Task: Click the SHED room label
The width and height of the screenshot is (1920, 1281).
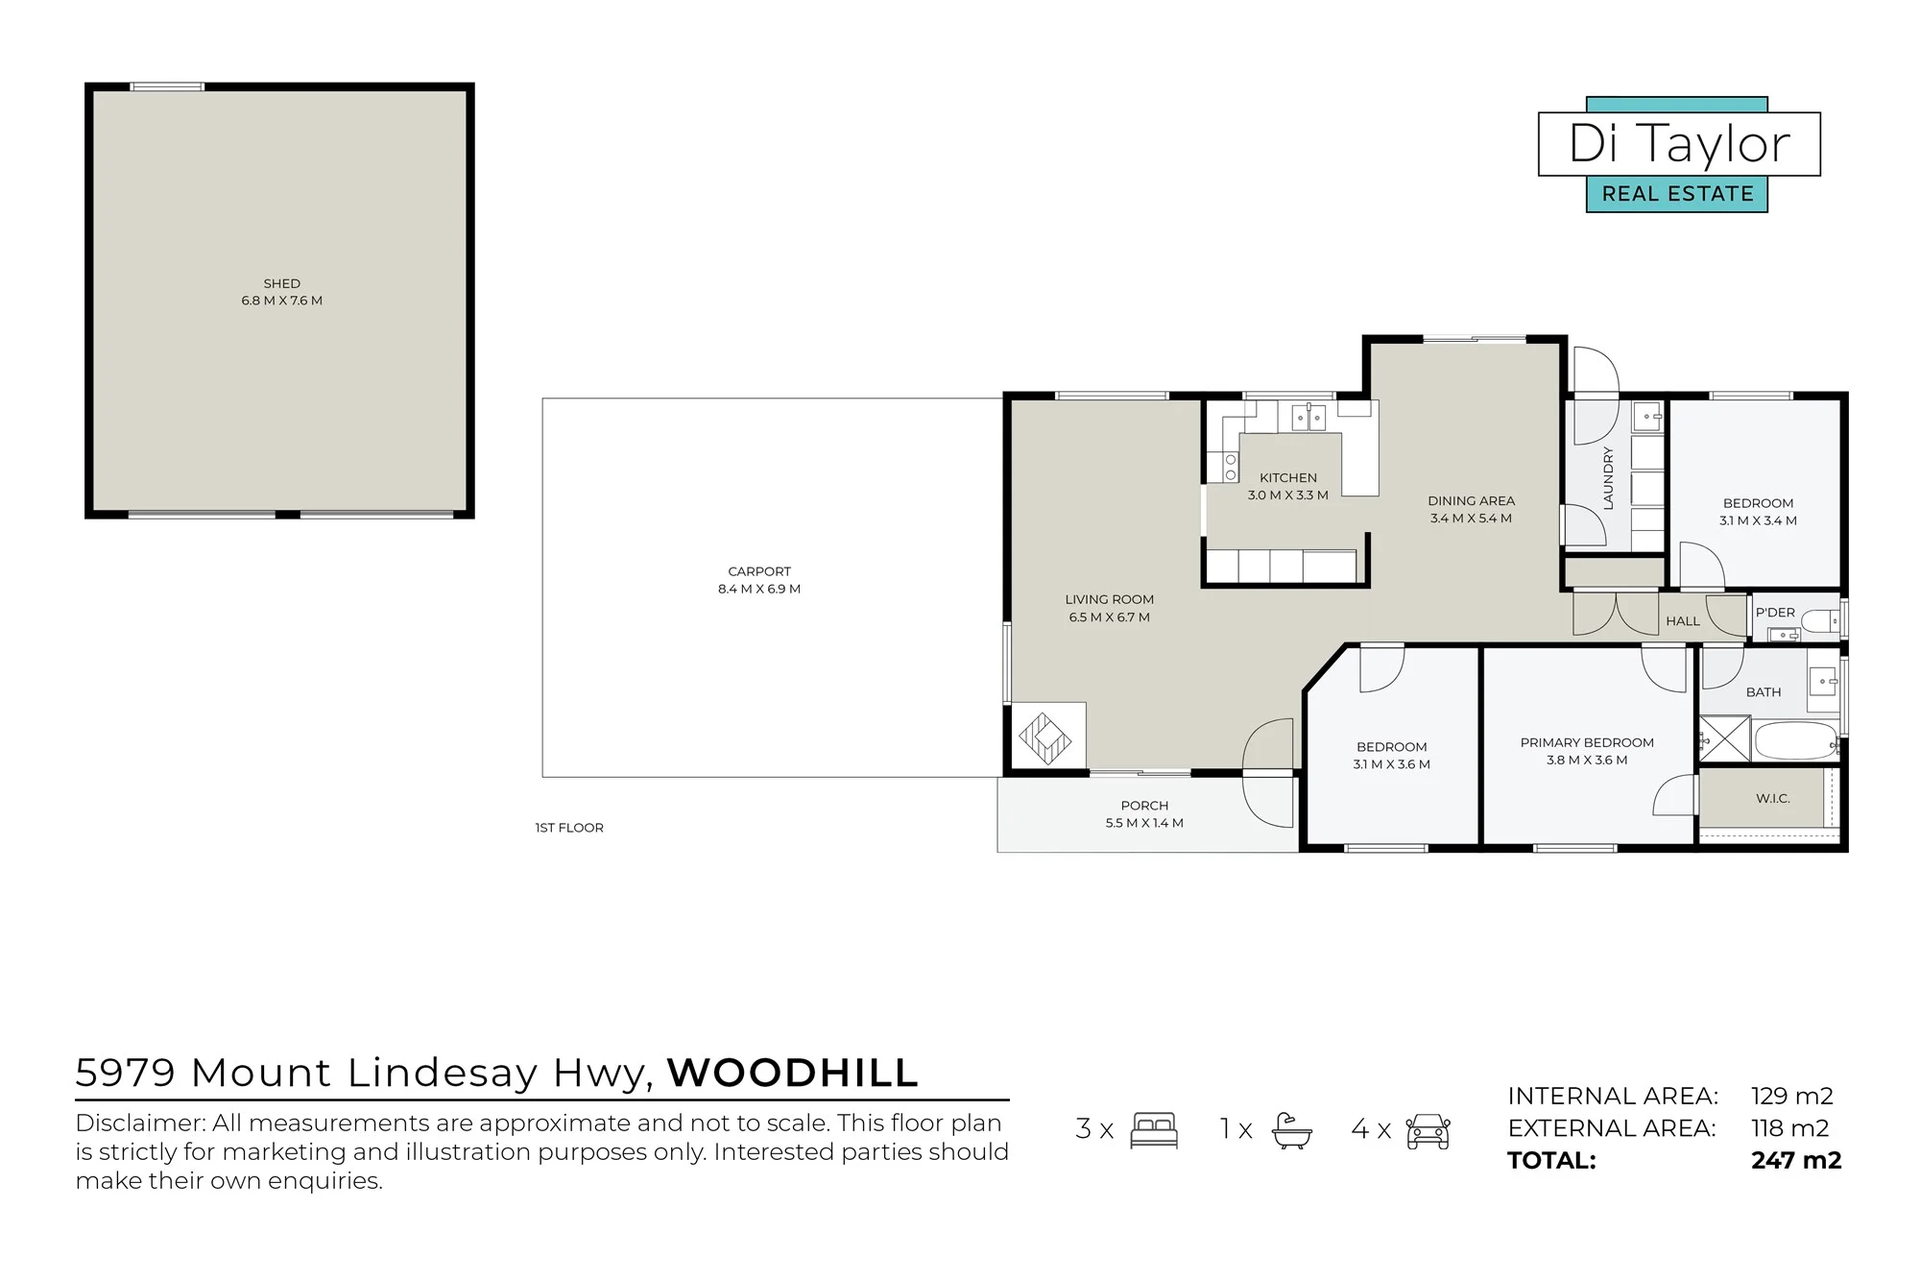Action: click(282, 283)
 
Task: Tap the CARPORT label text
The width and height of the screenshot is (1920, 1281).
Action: click(759, 571)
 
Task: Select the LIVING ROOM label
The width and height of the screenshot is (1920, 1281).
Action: click(1110, 599)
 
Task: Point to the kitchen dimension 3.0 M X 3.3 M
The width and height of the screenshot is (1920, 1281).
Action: click(1288, 495)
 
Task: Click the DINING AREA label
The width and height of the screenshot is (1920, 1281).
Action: click(1472, 500)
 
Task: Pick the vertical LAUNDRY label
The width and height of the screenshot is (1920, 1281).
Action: click(1608, 477)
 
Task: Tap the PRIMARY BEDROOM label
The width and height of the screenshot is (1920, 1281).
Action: click(1587, 742)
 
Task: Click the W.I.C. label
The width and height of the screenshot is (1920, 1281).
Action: click(1773, 798)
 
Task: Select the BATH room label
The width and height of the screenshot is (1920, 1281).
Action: click(1764, 691)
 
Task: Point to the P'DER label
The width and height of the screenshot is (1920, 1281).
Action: click(1775, 612)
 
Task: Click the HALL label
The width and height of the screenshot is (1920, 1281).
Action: click(1683, 621)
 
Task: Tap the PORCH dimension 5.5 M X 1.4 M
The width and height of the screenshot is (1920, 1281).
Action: click(1144, 823)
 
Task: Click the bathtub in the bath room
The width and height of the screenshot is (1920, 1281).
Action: click(1795, 740)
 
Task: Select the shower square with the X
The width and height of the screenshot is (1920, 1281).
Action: click(1724, 739)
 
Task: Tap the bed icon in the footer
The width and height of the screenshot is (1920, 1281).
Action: click(1154, 1130)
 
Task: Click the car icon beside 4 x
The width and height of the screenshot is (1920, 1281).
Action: click(1428, 1131)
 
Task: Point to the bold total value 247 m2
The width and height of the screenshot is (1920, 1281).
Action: click(1796, 1160)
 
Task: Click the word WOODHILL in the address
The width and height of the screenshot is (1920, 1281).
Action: click(793, 1073)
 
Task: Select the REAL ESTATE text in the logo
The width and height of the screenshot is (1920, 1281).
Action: click(1677, 194)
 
